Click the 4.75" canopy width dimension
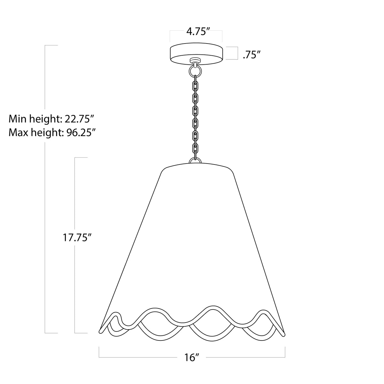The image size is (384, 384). tap(196, 32)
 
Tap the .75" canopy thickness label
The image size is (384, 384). tap(250, 55)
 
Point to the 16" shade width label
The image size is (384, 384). tap(192, 357)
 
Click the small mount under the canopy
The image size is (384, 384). tap(194, 60)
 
